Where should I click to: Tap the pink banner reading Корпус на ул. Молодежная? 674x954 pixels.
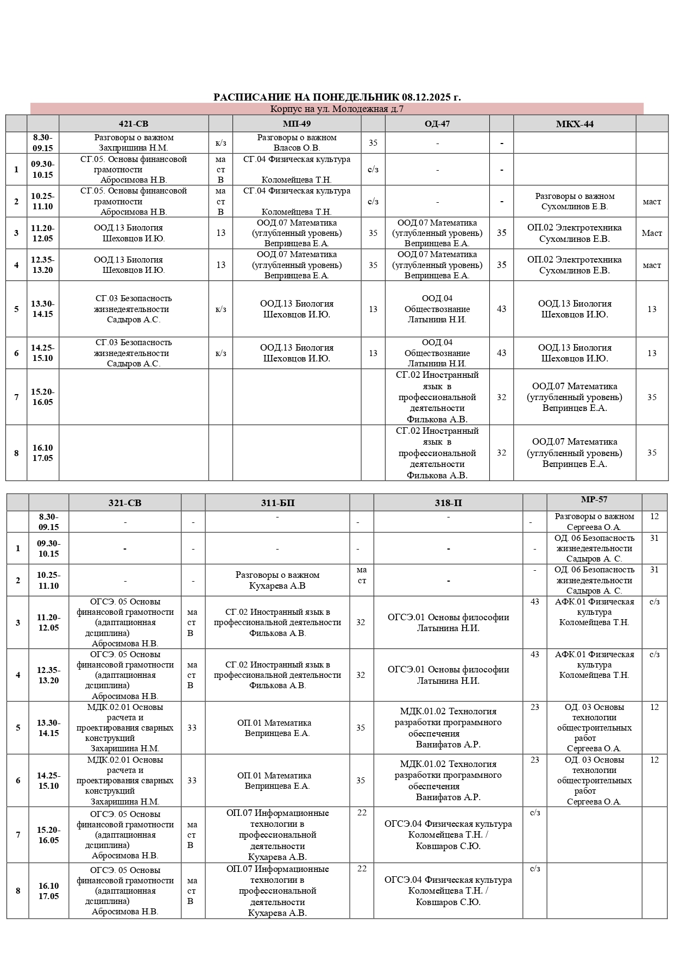click(x=337, y=109)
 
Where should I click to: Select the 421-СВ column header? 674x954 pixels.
click(x=134, y=124)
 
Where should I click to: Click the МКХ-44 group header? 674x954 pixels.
click(x=575, y=124)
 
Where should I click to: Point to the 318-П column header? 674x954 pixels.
click(x=448, y=503)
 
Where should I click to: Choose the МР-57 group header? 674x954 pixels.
click(x=594, y=500)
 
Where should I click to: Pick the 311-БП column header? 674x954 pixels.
click(x=278, y=503)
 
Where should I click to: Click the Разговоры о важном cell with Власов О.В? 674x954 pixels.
click(x=297, y=142)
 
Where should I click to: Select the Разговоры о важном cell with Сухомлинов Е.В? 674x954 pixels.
click(x=575, y=201)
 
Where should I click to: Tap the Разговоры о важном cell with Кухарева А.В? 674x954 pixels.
click(x=278, y=580)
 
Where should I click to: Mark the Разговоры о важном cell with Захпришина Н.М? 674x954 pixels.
click(x=134, y=142)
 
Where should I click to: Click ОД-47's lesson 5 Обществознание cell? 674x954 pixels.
click(x=437, y=309)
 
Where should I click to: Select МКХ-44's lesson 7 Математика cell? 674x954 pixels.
click(x=575, y=397)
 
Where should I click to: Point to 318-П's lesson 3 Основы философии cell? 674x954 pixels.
click(x=448, y=622)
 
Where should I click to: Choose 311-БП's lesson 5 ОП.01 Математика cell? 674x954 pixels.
click(x=278, y=728)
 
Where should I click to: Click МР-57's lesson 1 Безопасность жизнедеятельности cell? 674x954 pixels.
click(x=594, y=548)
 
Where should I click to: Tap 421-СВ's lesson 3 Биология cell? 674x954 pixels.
click(x=134, y=233)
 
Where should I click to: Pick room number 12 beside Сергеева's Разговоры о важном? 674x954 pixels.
click(x=654, y=516)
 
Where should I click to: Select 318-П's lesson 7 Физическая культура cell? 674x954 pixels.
click(x=448, y=834)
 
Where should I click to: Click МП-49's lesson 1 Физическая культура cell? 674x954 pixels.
click(x=297, y=169)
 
